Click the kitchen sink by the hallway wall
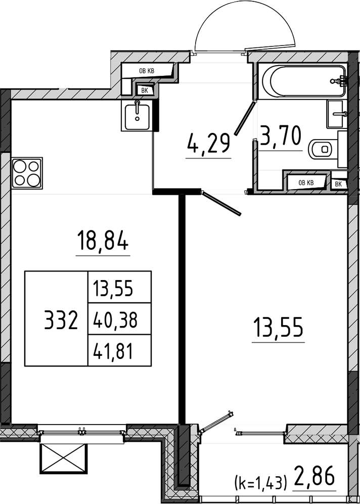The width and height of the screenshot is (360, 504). [x=137, y=115]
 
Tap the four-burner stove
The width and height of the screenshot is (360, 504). [x=27, y=173]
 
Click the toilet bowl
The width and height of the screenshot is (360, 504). [x=323, y=149]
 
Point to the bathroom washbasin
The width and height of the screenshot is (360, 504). [x=337, y=114]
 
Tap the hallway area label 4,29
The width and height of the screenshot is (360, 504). [x=209, y=144]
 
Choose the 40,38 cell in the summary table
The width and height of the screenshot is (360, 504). [x=115, y=319]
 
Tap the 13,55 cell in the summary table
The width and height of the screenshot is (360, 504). [x=113, y=288]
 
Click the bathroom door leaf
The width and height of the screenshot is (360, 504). [x=245, y=117]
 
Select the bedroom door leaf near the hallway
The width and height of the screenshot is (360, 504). [x=221, y=203]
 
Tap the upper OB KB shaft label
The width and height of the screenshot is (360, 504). [x=147, y=71]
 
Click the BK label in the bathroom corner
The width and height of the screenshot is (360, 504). [x=338, y=184]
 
